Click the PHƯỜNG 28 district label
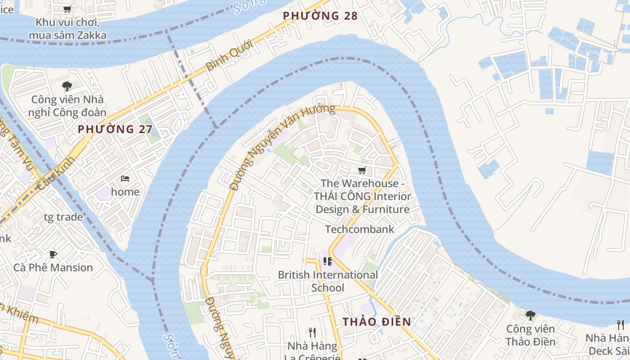[x=320, y=16]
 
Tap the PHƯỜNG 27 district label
[x=115, y=130]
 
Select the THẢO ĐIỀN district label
[x=377, y=322]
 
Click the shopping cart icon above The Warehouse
[x=362, y=170]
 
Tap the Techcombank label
[x=359, y=229]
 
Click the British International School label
[x=328, y=281]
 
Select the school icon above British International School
[x=327, y=261]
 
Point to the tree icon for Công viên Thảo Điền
[x=530, y=315]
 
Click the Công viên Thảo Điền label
[x=530, y=335]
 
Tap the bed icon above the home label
[x=125, y=179]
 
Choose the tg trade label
[x=63, y=217]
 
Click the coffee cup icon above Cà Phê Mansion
[x=53, y=254]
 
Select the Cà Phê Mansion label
[x=53, y=267]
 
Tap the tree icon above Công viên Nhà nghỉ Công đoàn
[x=67, y=86]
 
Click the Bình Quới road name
[x=229, y=56]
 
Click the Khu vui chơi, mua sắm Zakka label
[x=67, y=29]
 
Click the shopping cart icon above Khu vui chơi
[x=67, y=9]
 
